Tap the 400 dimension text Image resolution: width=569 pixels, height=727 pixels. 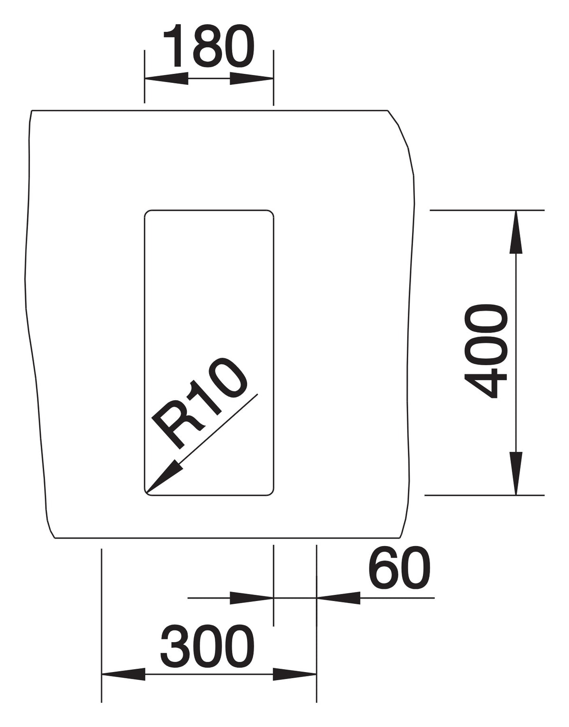485,351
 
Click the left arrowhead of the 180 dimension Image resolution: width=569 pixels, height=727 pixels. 166,79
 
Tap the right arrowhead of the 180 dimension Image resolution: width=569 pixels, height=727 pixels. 251,79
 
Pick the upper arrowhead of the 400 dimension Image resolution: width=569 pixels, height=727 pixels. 516,232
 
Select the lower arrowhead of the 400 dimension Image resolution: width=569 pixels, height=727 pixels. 516,474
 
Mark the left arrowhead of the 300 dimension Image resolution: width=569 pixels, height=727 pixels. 123,674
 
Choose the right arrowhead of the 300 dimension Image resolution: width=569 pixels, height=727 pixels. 295,674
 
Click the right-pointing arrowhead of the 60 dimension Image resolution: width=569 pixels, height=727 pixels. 251,598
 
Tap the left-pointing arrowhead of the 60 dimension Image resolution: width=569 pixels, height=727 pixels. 338,598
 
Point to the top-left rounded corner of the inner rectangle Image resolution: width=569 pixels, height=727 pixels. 147,213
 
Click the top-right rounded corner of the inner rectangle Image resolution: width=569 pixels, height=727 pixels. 271,213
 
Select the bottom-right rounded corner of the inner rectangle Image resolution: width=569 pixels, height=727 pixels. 271,493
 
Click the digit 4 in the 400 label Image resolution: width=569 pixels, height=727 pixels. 485,383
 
